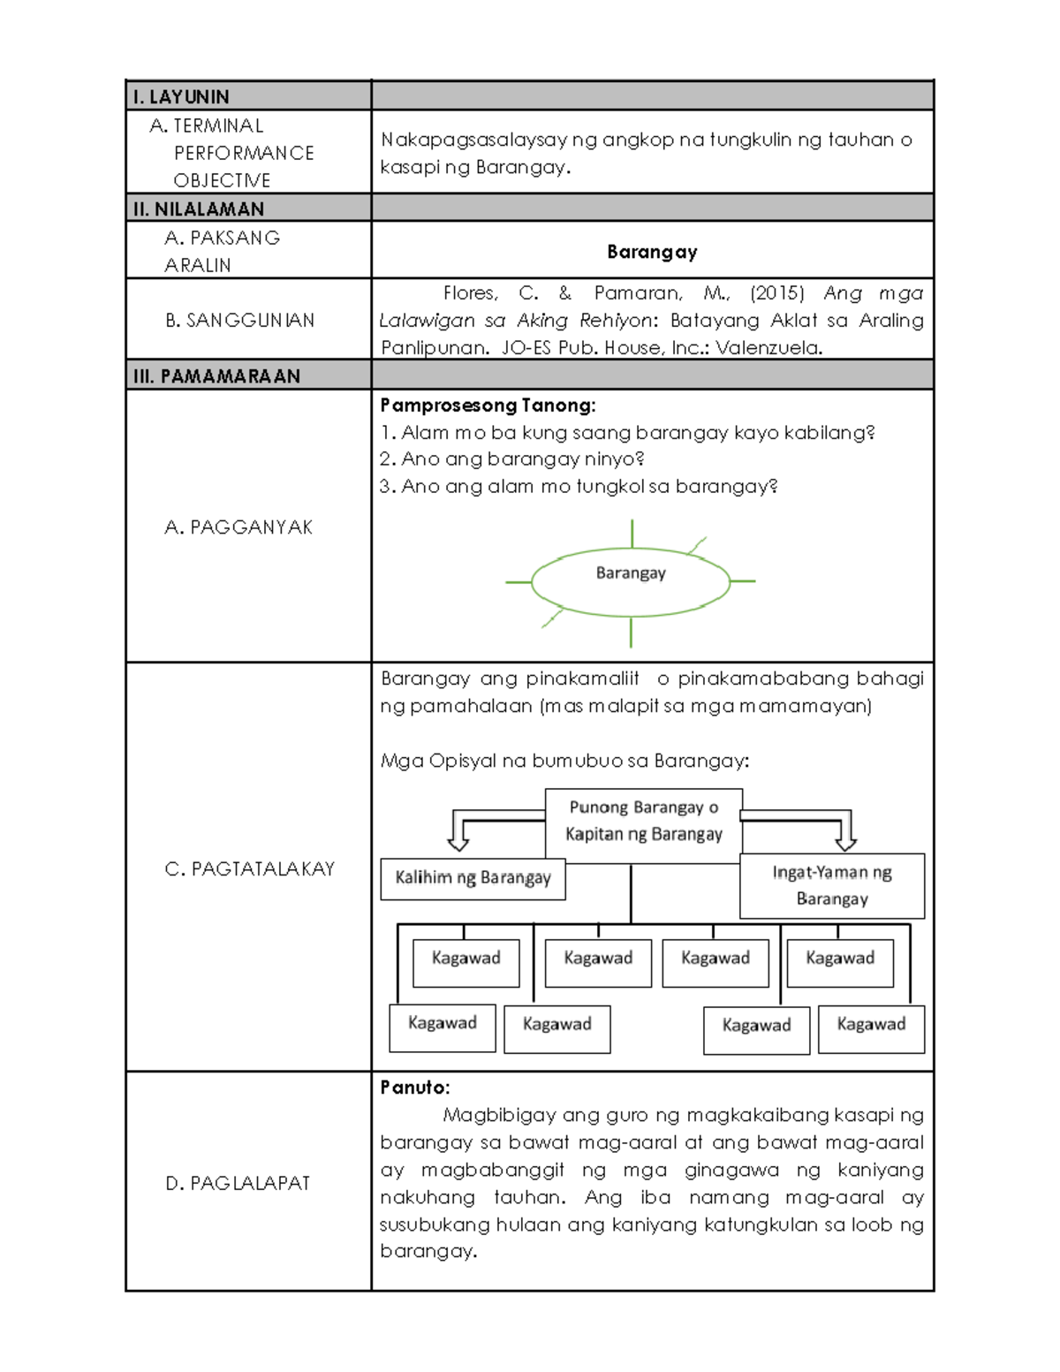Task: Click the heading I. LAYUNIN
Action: point(181,96)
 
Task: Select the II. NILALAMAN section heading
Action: point(199,208)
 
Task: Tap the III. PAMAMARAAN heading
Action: point(216,375)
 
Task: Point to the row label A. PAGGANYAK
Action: point(238,527)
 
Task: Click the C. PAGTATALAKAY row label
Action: point(249,868)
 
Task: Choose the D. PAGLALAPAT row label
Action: point(238,1183)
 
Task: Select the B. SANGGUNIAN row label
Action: point(239,320)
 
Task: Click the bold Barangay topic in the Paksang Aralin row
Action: point(652,252)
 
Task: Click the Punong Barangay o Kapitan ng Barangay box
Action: point(643,822)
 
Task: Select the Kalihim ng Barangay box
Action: point(473,878)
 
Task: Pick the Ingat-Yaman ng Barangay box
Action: point(831,885)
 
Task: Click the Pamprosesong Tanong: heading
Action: point(488,406)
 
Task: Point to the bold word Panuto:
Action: point(415,1088)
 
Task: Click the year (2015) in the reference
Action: point(777,293)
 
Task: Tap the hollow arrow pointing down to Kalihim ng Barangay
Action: point(458,832)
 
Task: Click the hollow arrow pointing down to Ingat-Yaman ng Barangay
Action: point(845,832)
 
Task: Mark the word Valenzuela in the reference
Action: point(768,348)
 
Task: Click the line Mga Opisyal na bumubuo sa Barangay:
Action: point(564,761)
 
